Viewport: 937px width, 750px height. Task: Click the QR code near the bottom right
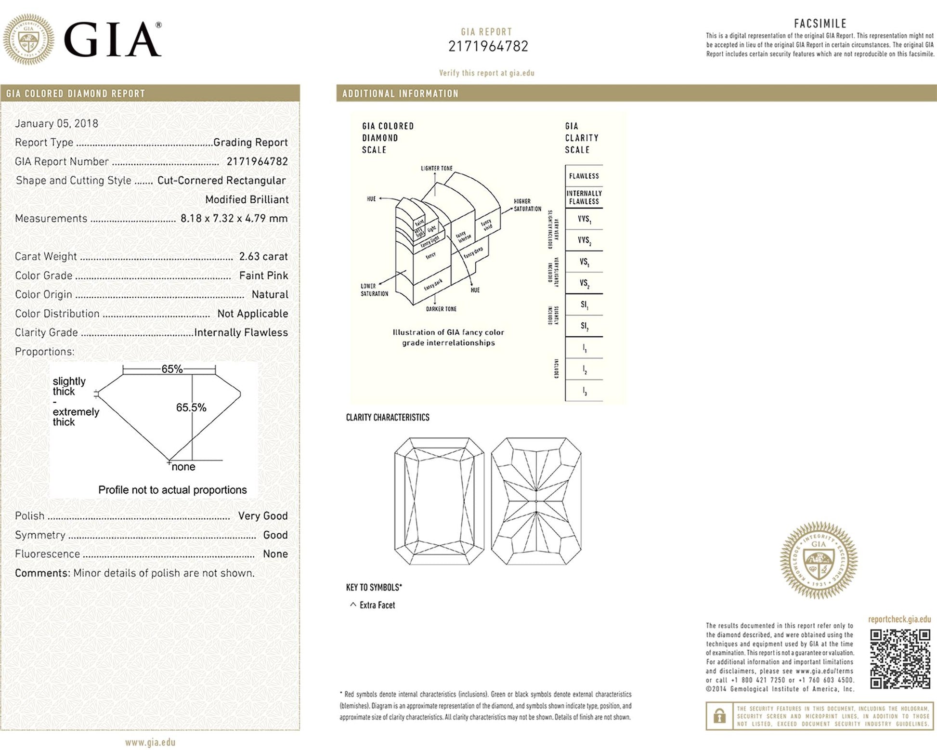(899, 658)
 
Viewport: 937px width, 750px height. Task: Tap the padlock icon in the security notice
(719, 716)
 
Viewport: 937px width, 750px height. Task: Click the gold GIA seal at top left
(28, 39)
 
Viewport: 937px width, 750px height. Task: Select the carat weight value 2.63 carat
(263, 256)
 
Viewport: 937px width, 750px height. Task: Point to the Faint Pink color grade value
(263, 276)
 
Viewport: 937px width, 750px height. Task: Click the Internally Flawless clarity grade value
(241, 332)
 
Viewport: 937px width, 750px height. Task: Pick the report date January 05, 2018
(56, 123)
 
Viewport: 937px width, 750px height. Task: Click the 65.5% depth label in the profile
(191, 408)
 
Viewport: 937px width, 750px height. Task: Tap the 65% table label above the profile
(172, 369)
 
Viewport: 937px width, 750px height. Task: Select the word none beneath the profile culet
(183, 467)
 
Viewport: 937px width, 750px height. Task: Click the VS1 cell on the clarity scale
(584, 262)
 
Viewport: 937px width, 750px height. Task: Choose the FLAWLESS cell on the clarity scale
(584, 176)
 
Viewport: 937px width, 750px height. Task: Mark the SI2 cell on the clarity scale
(584, 326)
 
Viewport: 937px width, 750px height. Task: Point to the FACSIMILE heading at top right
(820, 23)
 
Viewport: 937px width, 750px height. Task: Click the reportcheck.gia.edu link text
(899, 619)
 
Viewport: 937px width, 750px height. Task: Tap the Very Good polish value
(263, 516)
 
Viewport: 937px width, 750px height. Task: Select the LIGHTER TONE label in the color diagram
(436, 169)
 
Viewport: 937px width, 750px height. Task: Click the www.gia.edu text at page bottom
(150, 742)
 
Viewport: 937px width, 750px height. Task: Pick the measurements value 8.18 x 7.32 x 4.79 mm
(234, 218)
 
